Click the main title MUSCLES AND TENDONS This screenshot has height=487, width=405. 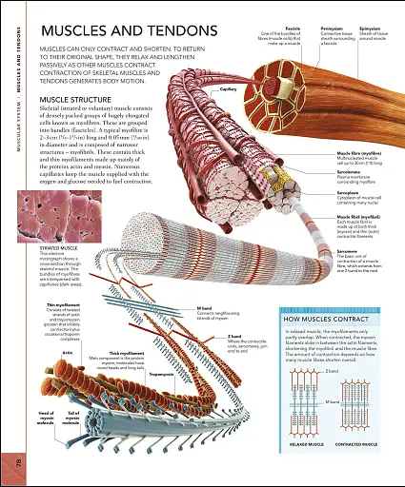click(x=113, y=32)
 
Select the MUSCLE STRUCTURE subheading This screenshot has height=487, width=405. click(x=76, y=99)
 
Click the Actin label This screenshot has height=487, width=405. click(x=68, y=352)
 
